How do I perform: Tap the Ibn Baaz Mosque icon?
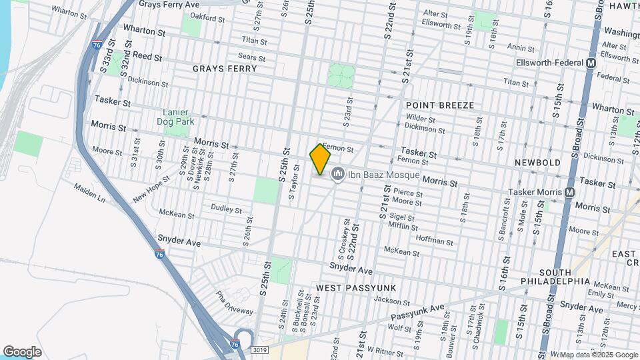(337, 175)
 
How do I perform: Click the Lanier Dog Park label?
(175, 116)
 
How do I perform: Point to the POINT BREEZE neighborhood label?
(439, 105)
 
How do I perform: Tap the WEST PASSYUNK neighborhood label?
(356, 287)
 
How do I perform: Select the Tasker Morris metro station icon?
(569, 191)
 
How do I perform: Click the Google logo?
(23, 351)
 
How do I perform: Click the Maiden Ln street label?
(90, 193)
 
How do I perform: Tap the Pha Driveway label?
(233, 303)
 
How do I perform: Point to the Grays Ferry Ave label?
(169, 5)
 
